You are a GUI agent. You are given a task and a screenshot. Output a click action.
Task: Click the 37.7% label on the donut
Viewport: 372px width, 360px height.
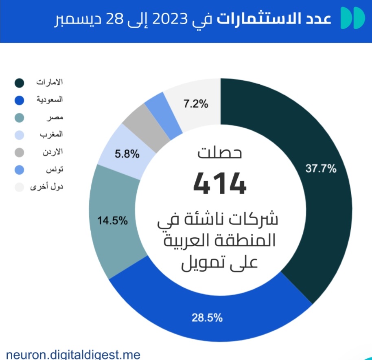[321, 169]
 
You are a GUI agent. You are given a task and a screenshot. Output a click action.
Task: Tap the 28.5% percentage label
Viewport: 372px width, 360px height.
[208, 318]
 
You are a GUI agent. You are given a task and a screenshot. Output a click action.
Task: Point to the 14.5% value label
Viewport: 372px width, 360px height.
[112, 221]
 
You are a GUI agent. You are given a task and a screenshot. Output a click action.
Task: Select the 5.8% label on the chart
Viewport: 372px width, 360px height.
[127, 154]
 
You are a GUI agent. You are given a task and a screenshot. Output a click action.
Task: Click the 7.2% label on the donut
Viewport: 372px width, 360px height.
[196, 104]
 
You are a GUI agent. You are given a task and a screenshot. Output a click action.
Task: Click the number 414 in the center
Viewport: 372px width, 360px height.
[220, 183]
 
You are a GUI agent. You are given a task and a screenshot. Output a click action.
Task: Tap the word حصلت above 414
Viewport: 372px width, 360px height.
[220, 153]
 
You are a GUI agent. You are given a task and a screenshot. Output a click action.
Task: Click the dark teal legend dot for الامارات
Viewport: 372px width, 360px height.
[19, 83]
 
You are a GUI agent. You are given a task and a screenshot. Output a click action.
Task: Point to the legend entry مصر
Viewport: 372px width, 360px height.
[57, 117]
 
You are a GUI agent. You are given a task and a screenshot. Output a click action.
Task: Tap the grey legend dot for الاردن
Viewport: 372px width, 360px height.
[19, 152]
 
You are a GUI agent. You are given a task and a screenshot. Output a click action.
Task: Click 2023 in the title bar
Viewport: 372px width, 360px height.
[165, 19]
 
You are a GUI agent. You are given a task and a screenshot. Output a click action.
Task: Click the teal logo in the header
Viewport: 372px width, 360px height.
[352, 18]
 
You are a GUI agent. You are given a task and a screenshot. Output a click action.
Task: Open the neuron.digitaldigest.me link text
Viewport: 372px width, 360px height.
[73, 353]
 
